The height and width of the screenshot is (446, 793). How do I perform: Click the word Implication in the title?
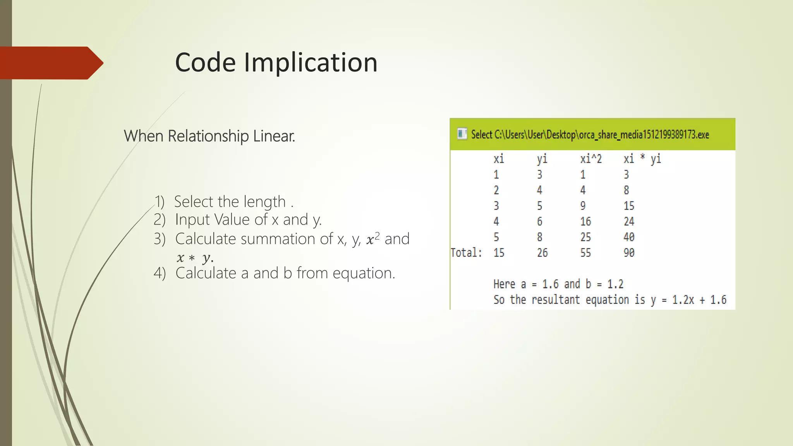tap(311, 63)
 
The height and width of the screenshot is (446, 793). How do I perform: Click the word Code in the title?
tap(205, 63)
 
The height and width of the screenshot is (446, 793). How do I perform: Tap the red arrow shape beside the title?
tap(50, 63)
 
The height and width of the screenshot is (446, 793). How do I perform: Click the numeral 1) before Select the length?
tap(160, 202)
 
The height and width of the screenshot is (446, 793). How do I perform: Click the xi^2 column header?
tap(591, 159)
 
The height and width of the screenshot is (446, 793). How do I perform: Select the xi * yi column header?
tap(642, 159)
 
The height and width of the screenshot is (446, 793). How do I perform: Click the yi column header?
tap(542, 159)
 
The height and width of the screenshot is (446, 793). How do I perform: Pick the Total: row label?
tap(466, 253)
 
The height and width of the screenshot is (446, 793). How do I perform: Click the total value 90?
tap(629, 253)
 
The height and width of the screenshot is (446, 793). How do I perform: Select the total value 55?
tap(585, 253)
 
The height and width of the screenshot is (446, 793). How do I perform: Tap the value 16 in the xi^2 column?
tap(585, 221)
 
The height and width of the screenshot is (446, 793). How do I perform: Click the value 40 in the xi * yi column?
tap(629, 237)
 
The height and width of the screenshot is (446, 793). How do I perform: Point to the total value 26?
tap(542, 253)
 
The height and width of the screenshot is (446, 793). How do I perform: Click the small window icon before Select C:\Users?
tap(462, 134)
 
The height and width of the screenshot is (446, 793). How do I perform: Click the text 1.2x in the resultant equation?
tap(683, 300)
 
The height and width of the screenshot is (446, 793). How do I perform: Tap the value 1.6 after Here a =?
tap(550, 284)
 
